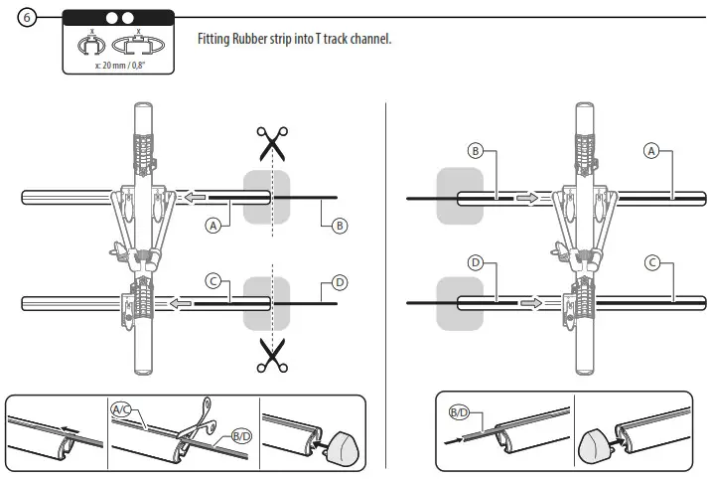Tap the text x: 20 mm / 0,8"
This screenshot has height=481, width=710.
117,65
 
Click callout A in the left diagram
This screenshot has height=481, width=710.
212,226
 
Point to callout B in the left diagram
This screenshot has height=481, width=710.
340,226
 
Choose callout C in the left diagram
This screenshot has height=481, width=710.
212,281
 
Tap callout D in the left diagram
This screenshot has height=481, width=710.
340,282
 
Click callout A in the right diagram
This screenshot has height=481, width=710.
651,151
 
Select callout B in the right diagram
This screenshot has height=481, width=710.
475,151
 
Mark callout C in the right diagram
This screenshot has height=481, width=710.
651,263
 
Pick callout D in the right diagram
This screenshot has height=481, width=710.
475,263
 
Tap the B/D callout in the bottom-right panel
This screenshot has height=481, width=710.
459,411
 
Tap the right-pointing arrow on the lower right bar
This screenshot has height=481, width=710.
529,299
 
